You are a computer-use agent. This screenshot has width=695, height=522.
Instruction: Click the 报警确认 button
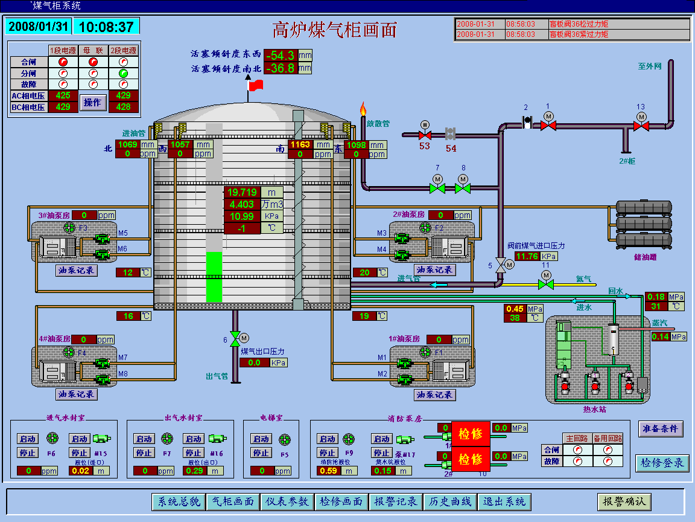[x=624, y=501]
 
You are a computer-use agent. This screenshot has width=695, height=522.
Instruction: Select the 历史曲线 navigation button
[x=449, y=501]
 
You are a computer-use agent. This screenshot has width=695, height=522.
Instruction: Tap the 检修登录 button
[x=662, y=463]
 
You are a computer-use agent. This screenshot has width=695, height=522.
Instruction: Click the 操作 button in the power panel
[x=93, y=103]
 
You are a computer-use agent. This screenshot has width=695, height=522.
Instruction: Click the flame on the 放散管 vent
[x=363, y=110]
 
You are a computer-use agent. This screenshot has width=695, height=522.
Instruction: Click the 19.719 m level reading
[x=242, y=193]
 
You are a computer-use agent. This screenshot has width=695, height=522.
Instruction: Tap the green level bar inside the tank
[x=214, y=277]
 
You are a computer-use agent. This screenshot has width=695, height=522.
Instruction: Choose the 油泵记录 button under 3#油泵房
[x=77, y=270]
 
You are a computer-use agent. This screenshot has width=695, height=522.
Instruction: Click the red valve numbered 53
[x=425, y=134]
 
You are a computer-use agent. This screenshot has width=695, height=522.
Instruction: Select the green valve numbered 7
[x=437, y=188]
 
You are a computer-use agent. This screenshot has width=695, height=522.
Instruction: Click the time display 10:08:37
[x=106, y=27]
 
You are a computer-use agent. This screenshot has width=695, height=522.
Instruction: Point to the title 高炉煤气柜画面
[x=335, y=29]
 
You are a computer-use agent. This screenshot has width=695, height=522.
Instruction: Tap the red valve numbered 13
[x=641, y=126]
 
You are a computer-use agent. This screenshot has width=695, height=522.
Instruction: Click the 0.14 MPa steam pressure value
[x=660, y=337]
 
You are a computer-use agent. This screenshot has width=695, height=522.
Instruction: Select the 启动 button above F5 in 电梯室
[x=262, y=439]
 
